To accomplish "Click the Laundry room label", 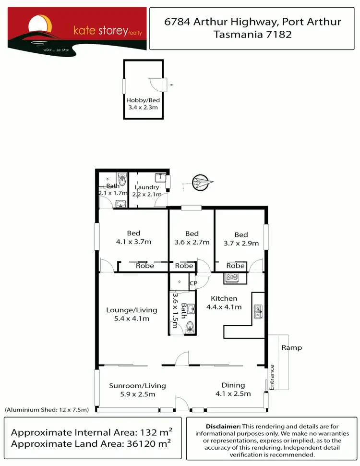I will click(147, 187).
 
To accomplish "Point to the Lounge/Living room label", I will click(128, 310).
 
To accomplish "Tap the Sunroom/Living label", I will click(137, 385).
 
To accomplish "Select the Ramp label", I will click(292, 347).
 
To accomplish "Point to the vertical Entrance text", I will click(272, 377).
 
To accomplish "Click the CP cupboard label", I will click(193, 283).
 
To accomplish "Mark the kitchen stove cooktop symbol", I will click(232, 277).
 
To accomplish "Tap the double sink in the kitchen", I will click(258, 312).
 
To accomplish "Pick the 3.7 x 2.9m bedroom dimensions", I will click(241, 243).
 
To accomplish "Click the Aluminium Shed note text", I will click(47, 410).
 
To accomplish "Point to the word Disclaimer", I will click(223, 427).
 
